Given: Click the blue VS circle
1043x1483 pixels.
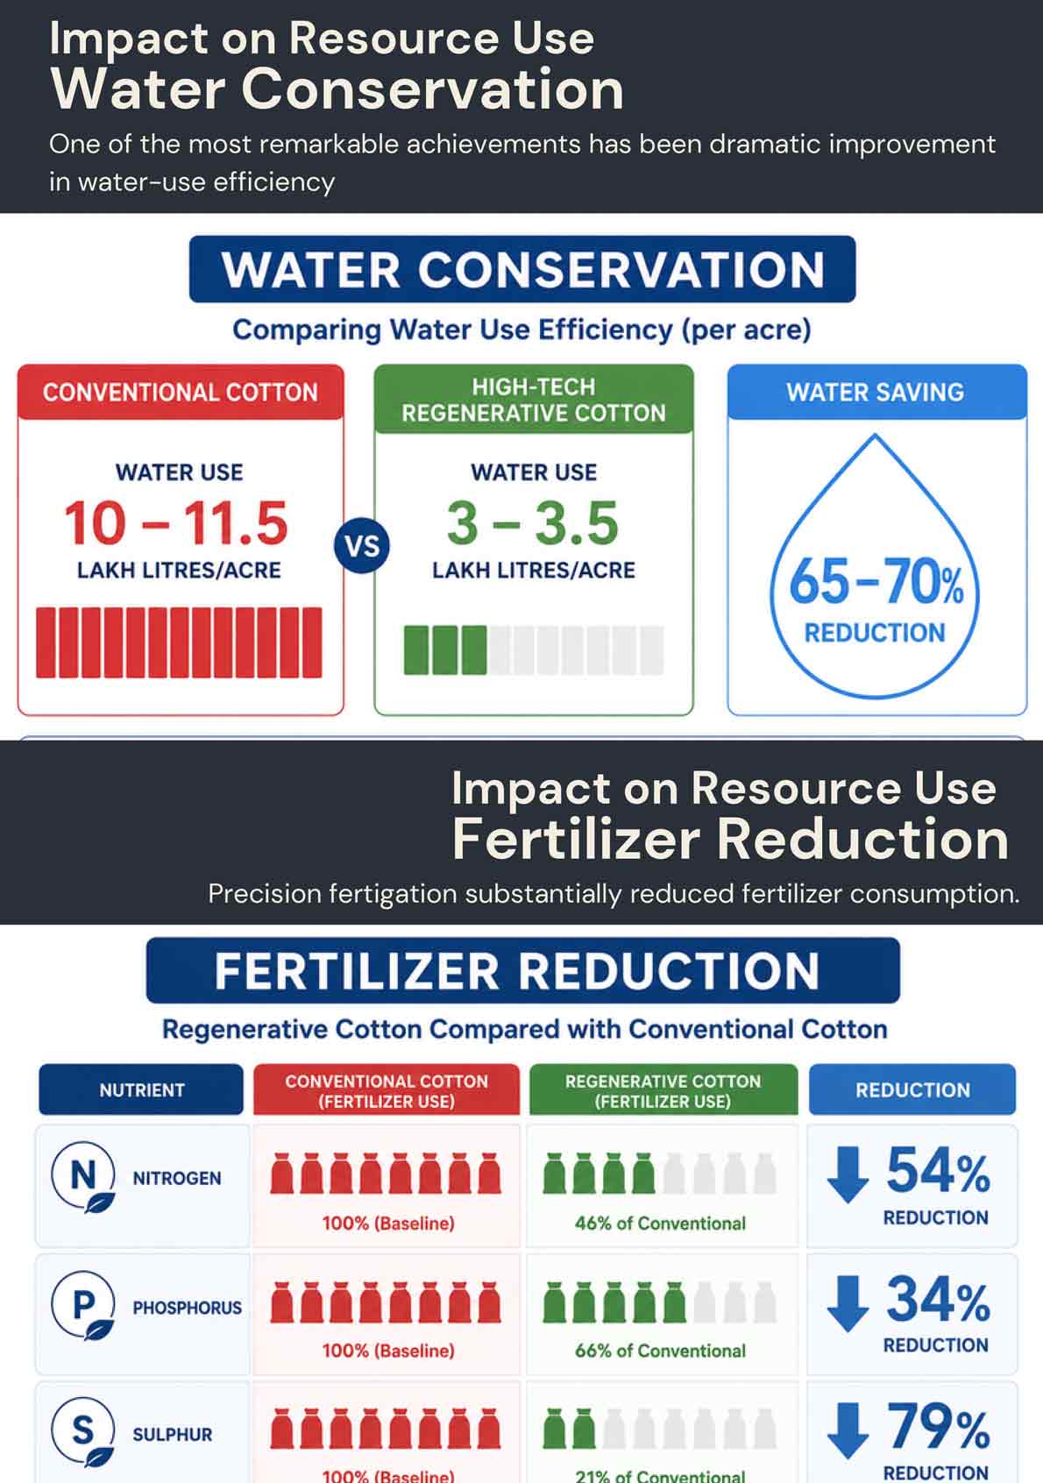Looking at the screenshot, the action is tap(362, 545).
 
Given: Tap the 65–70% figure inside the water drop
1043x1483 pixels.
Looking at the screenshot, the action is tap(876, 580).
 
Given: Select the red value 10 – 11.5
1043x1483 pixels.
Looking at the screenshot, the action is tap(176, 523).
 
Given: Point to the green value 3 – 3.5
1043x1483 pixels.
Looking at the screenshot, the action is tap(533, 523).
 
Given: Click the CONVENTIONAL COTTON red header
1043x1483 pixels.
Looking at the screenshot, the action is tap(181, 392).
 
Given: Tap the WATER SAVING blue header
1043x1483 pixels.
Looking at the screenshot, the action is tap(876, 392).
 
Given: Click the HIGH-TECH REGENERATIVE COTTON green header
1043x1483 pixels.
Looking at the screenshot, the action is tap(534, 399).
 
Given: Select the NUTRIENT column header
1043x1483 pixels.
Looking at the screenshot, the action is tap(141, 1089).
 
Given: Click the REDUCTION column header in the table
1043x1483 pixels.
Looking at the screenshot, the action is tap(912, 1089).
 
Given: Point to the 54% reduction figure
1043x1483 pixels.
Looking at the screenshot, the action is tap(938, 1170).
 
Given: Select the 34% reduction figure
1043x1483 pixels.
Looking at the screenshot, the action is tap(938, 1299).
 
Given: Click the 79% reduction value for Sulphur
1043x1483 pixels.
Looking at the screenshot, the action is tap(938, 1426).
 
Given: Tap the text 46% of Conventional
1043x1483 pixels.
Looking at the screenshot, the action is tap(660, 1224).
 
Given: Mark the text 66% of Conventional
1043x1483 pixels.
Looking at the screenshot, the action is tap(660, 1351).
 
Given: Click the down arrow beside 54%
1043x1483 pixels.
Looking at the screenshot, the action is tap(848, 1175).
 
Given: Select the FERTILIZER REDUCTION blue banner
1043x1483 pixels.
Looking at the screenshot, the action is tap(522, 970).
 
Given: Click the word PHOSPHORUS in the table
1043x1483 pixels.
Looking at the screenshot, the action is tap(188, 1308).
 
